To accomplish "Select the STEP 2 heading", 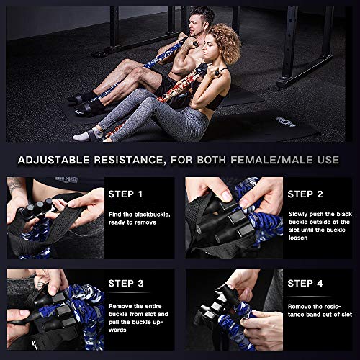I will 310,194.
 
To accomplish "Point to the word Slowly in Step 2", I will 300,214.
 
